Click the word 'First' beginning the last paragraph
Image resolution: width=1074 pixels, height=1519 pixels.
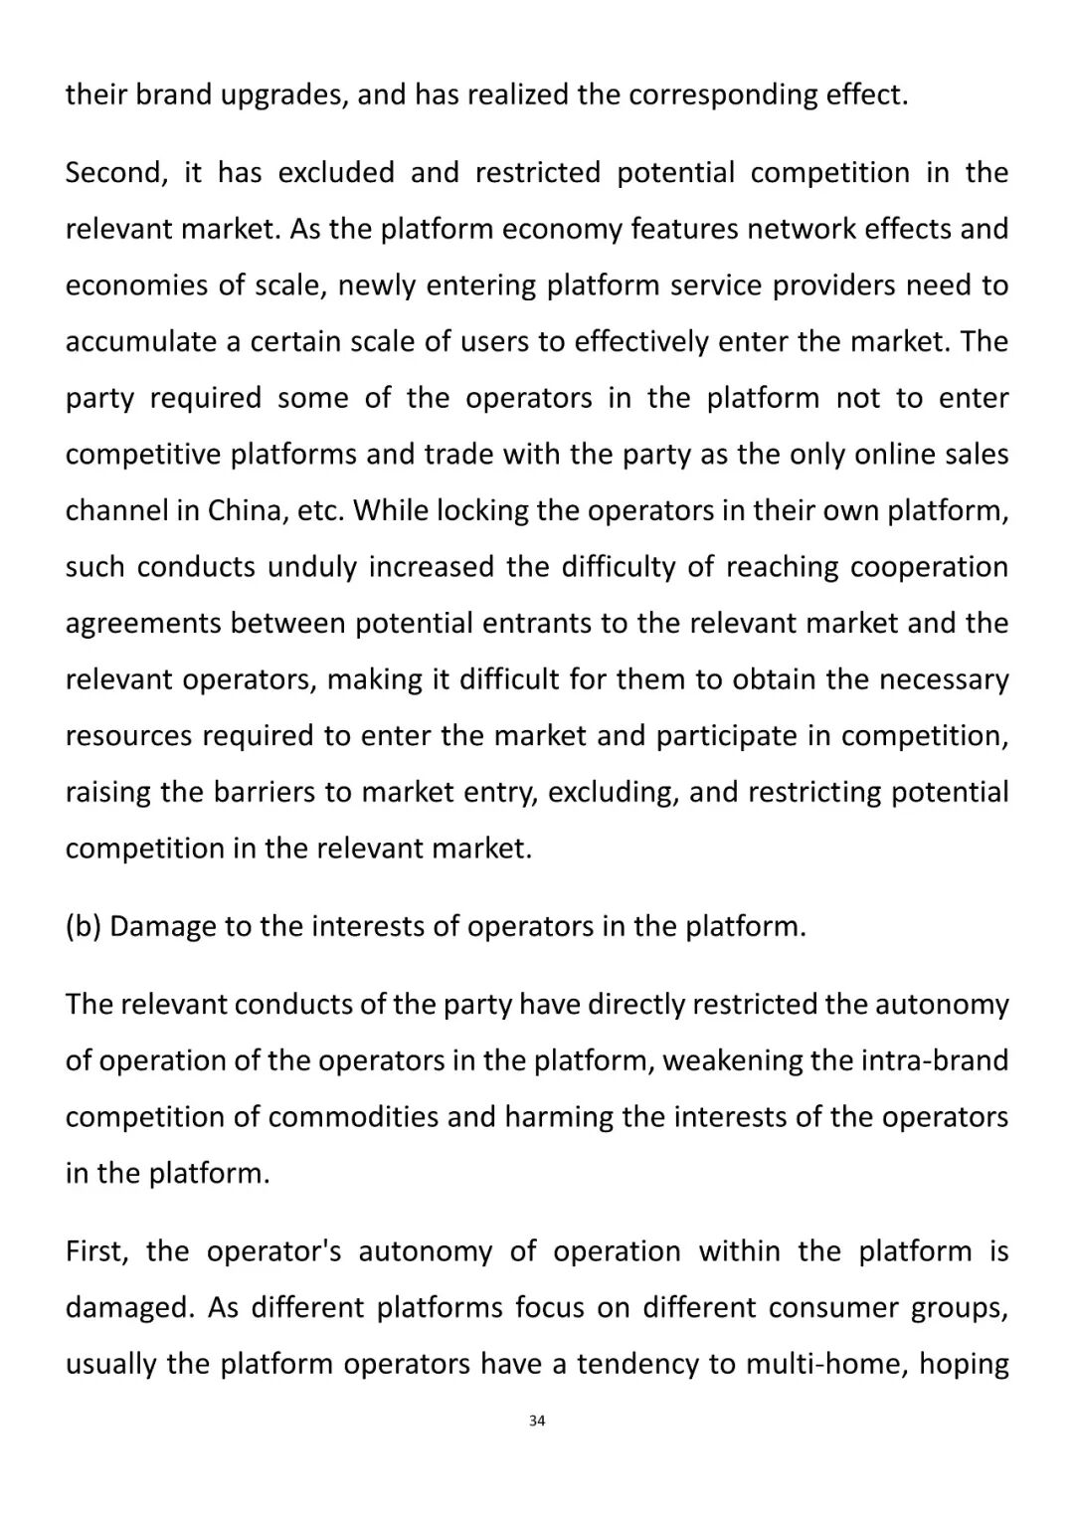96,1251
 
